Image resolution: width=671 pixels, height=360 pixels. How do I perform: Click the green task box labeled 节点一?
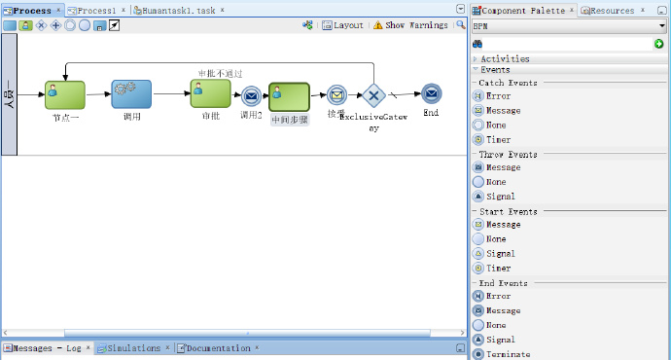pyautogui.click(x=64, y=94)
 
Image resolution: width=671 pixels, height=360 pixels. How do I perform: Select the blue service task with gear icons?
pyautogui.click(x=130, y=94)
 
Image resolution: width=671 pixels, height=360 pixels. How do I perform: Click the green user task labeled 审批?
pyautogui.click(x=210, y=93)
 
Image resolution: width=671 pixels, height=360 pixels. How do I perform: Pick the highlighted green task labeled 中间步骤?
pyautogui.click(x=289, y=96)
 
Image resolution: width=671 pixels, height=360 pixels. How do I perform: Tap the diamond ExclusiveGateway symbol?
pyautogui.click(x=373, y=95)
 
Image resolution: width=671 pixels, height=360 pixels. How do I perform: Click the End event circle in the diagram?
pyautogui.click(x=431, y=93)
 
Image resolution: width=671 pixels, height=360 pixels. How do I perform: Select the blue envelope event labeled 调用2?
pyautogui.click(x=251, y=95)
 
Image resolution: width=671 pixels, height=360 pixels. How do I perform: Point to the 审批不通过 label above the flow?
pyautogui.click(x=220, y=73)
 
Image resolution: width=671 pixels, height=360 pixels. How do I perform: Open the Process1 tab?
pyautogui.click(x=96, y=10)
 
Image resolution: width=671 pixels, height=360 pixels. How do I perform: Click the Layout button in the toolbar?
pyautogui.click(x=342, y=25)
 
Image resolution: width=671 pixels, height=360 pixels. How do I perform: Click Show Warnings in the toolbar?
pyautogui.click(x=410, y=25)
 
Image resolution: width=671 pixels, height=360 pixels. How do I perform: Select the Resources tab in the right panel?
pyautogui.click(x=611, y=10)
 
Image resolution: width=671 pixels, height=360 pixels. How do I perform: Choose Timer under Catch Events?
pyautogui.click(x=497, y=139)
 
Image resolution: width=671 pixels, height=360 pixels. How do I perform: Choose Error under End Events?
pyautogui.click(x=497, y=296)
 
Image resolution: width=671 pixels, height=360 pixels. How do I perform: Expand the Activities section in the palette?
pyautogui.click(x=505, y=58)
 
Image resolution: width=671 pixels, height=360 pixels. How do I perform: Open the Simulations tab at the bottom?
pyautogui.click(x=133, y=347)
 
